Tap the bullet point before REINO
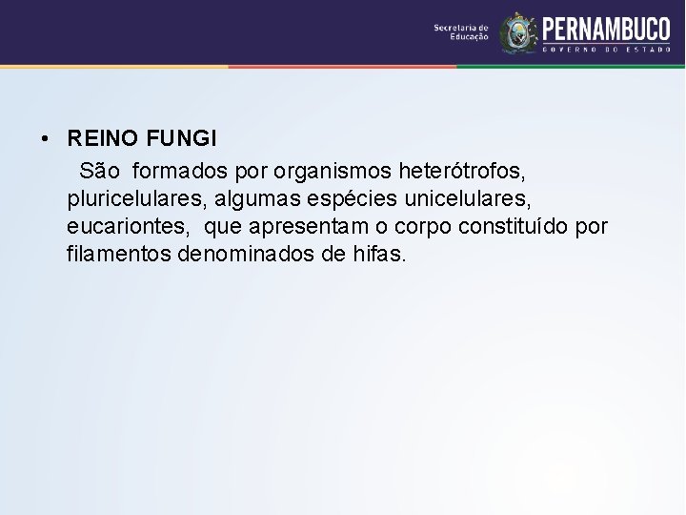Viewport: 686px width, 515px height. [x=46, y=140]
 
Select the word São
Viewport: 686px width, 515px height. [x=100, y=171]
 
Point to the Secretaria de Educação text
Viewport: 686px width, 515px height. [x=461, y=31]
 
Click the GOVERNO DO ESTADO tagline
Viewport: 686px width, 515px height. [x=606, y=48]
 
